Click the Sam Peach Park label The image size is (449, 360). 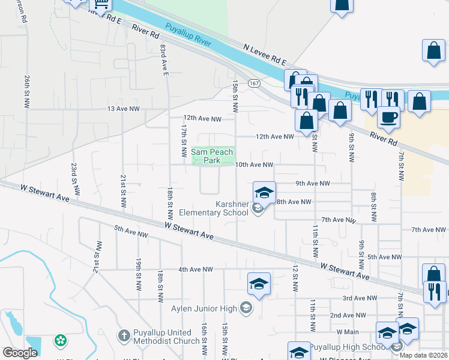[212, 156]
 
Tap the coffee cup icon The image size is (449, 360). [388, 117]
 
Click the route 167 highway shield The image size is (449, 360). [255, 84]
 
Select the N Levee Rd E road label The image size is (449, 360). [265, 53]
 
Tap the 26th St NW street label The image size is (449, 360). [27, 91]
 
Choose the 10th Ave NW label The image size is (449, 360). [254, 164]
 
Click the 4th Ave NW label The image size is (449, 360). [196, 269]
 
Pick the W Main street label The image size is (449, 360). [347, 331]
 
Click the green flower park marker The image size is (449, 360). [60, 341]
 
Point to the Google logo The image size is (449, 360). [20, 353]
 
